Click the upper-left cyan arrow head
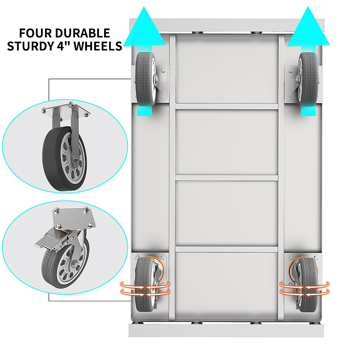145,28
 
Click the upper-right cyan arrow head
308,28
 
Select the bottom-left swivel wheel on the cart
145,283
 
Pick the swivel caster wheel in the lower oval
66,264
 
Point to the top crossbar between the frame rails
227,106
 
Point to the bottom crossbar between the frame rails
227,249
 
